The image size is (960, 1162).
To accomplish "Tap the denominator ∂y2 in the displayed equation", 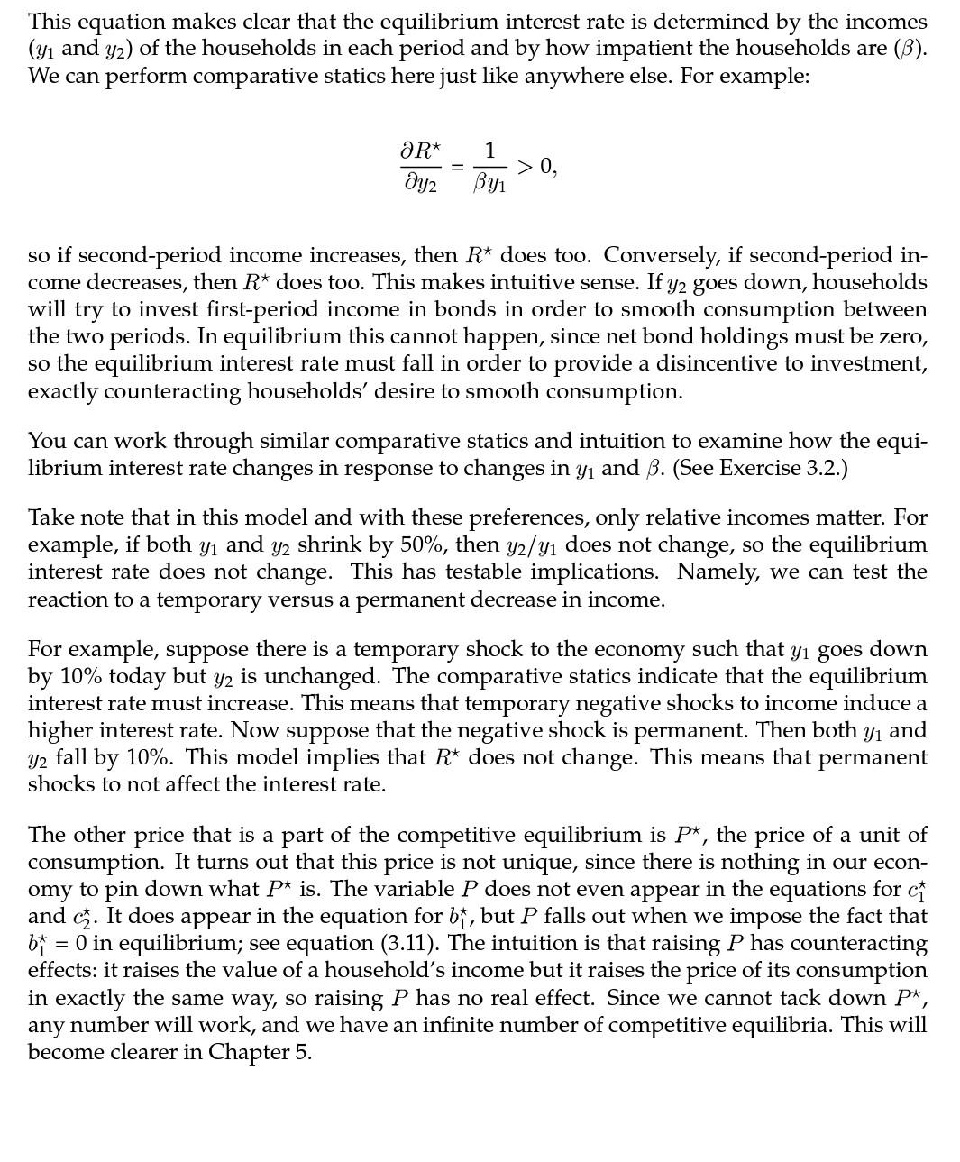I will (420, 184).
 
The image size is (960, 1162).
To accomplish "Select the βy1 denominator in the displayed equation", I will (489, 185).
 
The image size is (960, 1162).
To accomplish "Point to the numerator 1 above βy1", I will (489, 150).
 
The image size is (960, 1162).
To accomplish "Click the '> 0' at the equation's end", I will (537, 167).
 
